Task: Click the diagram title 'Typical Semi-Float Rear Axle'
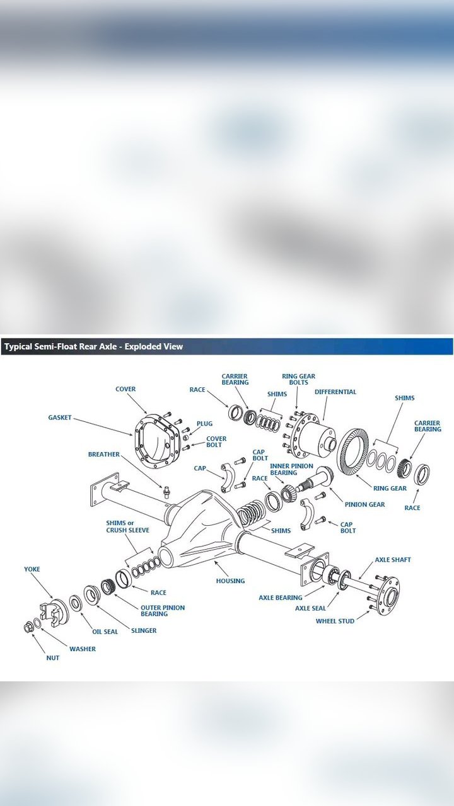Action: (x=93, y=346)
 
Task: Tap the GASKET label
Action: (x=60, y=417)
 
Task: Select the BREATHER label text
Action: (x=103, y=454)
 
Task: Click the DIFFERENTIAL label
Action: (x=335, y=392)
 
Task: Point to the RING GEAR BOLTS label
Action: (x=298, y=380)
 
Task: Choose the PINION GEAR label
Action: (x=364, y=504)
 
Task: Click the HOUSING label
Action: (x=230, y=581)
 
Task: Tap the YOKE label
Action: (x=32, y=569)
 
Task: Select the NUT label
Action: (x=53, y=658)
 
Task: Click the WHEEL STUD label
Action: (x=335, y=621)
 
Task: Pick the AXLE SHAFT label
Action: (x=393, y=560)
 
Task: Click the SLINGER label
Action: (x=144, y=630)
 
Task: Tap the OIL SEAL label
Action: (x=105, y=632)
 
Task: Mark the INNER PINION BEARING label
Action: (x=291, y=469)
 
